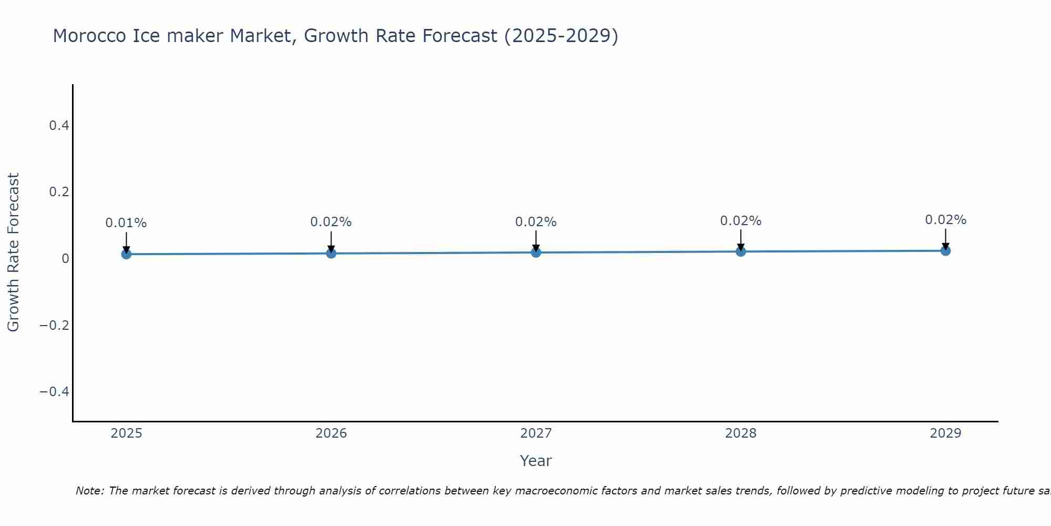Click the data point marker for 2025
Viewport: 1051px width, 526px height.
126,254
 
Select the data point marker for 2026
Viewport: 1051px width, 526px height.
331,253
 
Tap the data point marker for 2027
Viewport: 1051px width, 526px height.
536,252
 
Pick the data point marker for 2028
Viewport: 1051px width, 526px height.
740,251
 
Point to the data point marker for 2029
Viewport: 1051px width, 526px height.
945,250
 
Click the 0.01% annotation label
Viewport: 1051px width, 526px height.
126,223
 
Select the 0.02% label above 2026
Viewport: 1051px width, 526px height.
331,222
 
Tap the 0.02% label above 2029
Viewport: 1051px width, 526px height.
945,220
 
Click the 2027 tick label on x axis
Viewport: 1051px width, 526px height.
536,433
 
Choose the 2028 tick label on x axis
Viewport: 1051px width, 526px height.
740,433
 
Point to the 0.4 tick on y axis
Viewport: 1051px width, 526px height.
59,126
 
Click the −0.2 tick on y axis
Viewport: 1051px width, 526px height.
54,325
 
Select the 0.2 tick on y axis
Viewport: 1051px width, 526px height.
59,192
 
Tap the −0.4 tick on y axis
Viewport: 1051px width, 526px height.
54,392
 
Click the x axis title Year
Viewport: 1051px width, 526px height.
535,461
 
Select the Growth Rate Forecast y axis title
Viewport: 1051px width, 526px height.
13,252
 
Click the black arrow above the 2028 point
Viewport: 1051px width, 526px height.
740,240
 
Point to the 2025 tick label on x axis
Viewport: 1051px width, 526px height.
126,433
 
